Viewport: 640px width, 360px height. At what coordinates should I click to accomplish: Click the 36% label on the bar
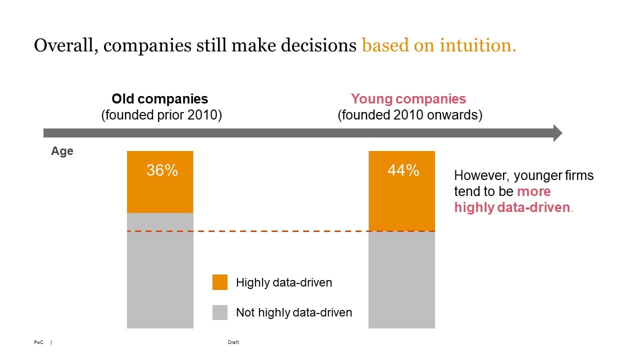coord(162,170)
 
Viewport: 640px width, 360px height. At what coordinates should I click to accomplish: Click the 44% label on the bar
coord(403,170)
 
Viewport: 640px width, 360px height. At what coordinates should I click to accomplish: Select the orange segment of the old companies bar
coord(160,195)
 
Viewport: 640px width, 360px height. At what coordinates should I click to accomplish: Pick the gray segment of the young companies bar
coord(401,280)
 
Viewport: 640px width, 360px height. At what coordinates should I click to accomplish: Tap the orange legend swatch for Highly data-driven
coord(220,282)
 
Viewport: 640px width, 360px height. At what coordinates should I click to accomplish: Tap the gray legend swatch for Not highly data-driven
coord(220,312)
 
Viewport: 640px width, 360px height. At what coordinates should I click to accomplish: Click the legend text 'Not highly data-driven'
coord(294,312)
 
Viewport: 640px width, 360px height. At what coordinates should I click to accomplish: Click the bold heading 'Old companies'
coord(159,99)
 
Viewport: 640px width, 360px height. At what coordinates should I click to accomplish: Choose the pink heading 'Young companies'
coord(408,99)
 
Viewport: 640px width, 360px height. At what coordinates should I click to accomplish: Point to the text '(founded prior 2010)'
coord(161,115)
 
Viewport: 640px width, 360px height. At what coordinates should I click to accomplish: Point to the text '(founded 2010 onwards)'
coord(410,115)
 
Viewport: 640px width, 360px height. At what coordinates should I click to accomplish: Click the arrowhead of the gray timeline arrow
coord(556,133)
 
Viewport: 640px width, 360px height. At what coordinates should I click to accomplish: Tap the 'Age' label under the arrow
coord(62,151)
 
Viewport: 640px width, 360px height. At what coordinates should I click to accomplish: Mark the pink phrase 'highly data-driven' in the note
coord(512,207)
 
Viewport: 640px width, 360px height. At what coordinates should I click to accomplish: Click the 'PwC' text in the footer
coord(38,342)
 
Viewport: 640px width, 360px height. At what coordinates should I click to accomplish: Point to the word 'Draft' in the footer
coord(233,342)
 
